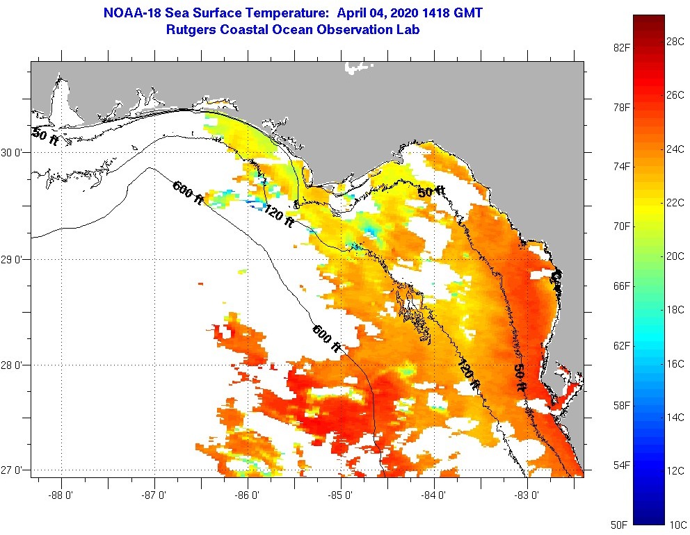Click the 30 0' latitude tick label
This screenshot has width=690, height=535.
click(x=15, y=153)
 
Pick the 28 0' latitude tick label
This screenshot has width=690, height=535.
click(x=15, y=365)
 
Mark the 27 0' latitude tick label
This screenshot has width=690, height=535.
click(x=15, y=470)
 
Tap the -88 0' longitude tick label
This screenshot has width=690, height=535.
click(x=61, y=495)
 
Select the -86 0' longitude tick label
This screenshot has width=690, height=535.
click(x=248, y=495)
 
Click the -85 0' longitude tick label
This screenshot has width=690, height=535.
click(x=341, y=495)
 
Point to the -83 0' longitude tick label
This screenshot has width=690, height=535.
click(x=527, y=495)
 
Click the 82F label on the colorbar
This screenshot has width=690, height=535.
click(x=621, y=47)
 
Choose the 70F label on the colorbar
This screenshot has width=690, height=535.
click(x=621, y=227)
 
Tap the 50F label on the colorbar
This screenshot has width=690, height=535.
click(x=621, y=523)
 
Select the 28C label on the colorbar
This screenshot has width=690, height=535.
click(x=675, y=42)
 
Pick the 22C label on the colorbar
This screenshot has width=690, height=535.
click(x=675, y=202)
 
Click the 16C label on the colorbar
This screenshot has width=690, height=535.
click(x=675, y=363)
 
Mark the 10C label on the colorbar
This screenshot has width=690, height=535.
click(x=675, y=523)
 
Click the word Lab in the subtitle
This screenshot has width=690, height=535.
click(x=410, y=30)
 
